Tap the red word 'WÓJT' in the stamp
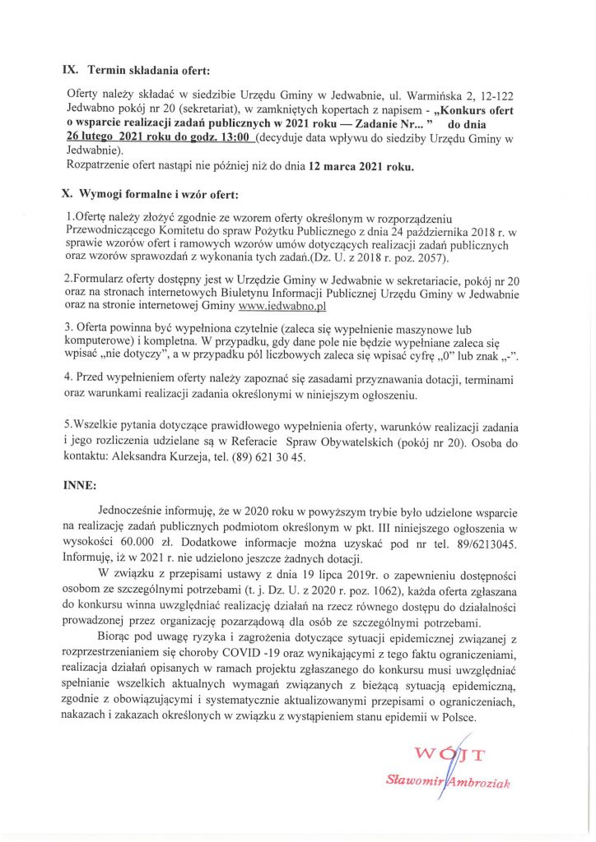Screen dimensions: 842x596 click(x=450, y=754)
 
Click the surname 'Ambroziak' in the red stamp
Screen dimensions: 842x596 click(x=477, y=784)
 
